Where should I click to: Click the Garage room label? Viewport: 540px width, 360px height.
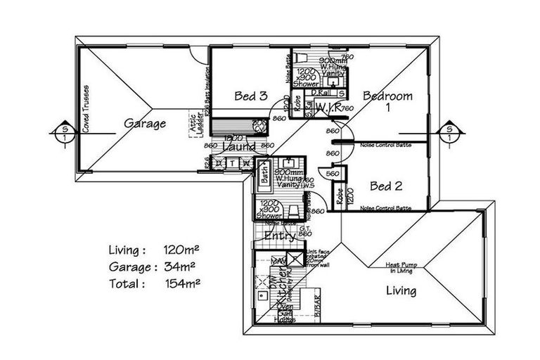coord(145,124)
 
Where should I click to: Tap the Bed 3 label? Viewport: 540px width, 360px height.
coord(250,96)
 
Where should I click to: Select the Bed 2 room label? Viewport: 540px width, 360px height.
coord(385,186)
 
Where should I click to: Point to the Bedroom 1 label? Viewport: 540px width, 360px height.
coord(387,102)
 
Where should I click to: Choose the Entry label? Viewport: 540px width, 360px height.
coord(280,238)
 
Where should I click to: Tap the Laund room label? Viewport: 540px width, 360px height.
coord(238,147)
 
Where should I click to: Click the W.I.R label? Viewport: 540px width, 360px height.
coord(328,108)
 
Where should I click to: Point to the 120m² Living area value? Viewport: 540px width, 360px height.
coord(179,250)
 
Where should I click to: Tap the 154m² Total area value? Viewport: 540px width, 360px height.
coord(179,285)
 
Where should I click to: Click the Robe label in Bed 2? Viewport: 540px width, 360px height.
coord(340,195)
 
